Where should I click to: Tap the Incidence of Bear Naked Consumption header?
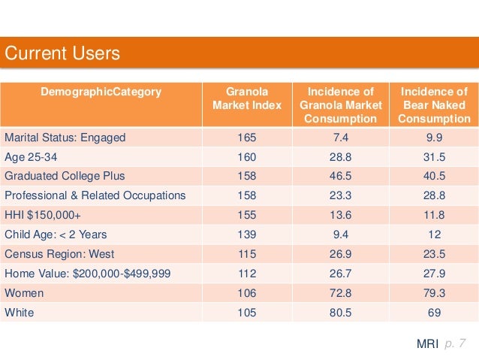[x=435, y=105]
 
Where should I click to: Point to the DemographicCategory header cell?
[x=101, y=92]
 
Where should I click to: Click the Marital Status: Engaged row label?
[x=65, y=138]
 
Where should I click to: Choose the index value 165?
[x=247, y=138]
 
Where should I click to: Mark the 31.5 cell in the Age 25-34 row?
[x=435, y=157]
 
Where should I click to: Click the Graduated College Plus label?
[x=65, y=176]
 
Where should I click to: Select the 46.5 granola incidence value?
[x=341, y=176]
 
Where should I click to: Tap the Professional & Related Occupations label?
[x=95, y=195]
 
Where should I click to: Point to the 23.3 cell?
[x=341, y=195]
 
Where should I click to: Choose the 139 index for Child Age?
[x=247, y=234]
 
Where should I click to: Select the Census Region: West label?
[x=60, y=254]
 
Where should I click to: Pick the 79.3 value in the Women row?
[x=435, y=292]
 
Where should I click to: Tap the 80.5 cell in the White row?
[x=341, y=312]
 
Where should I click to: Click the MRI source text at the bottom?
[x=427, y=343]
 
